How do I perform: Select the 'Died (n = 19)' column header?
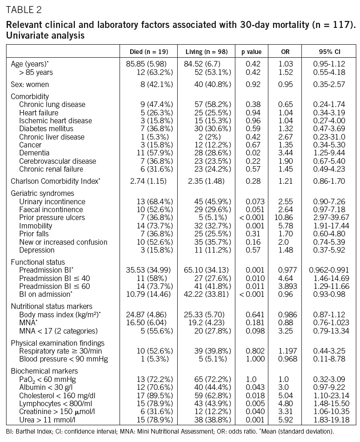pyautogui.click(x=148, y=52)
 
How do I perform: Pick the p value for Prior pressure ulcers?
pyautogui.click(x=254, y=218)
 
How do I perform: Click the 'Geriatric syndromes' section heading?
pyautogui.click(x=42, y=193)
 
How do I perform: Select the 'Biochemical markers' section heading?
pyautogui.click(x=44, y=371)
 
